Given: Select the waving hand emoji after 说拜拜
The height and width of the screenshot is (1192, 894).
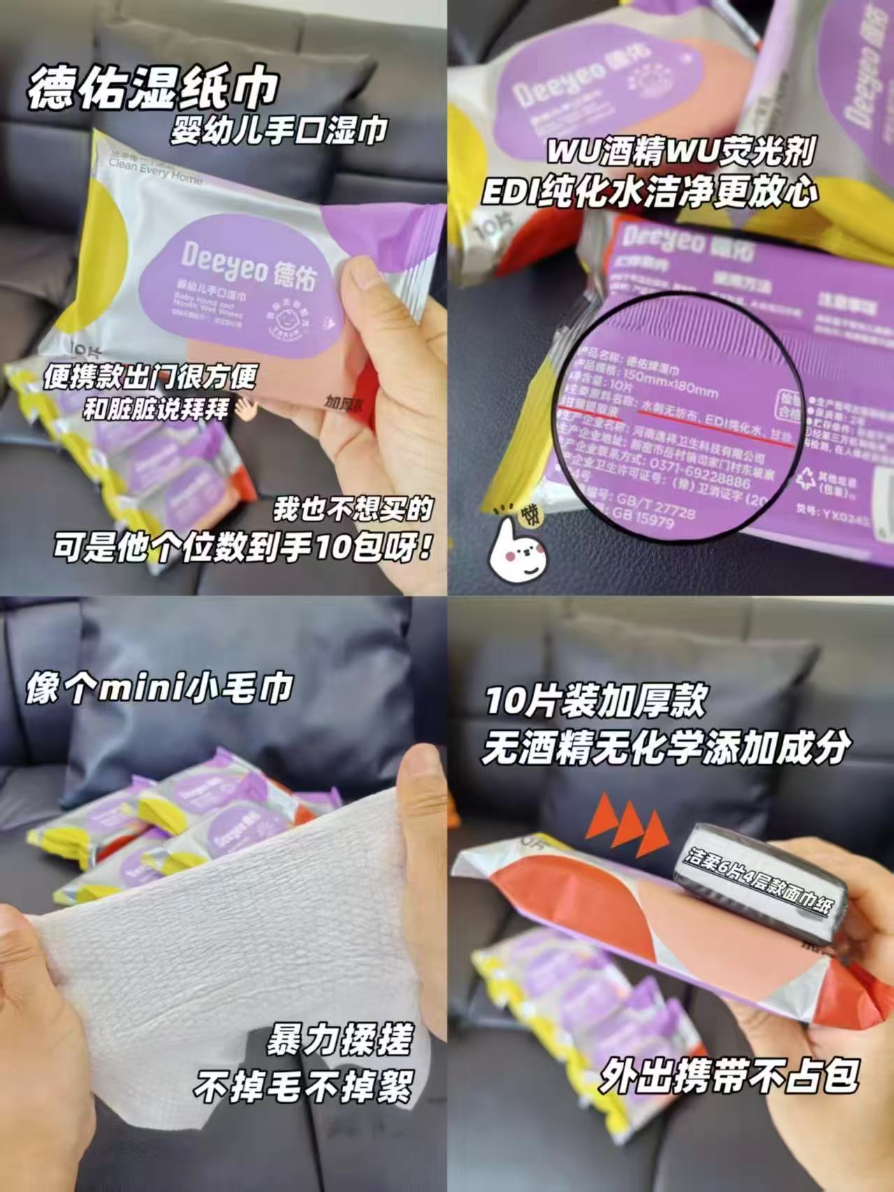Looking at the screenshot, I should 245,409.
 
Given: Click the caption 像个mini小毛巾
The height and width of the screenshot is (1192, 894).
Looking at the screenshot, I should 159,688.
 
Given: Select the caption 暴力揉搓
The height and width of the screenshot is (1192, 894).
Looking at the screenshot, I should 339,1040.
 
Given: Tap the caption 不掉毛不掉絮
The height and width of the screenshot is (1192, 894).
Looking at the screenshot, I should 303,1085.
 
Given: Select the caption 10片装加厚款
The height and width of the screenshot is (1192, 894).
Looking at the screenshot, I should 596,701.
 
